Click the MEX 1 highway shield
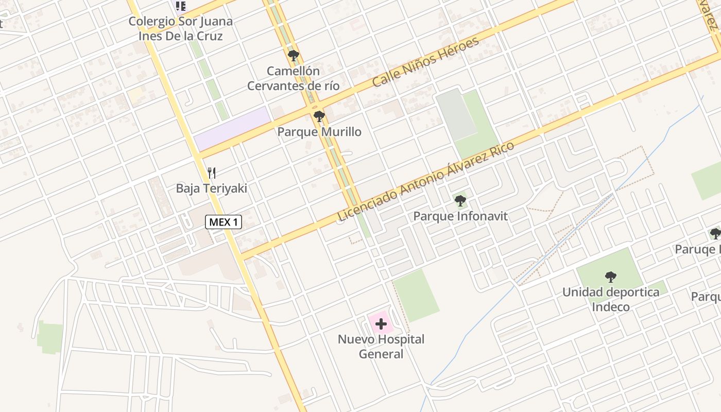click(x=224, y=222)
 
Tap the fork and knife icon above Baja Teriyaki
click(x=211, y=173)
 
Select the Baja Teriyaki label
click(x=211, y=188)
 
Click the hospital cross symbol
click(x=381, y=324)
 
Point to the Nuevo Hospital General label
click(x=381, y=347)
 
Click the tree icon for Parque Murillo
click(x=319, y=116)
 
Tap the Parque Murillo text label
click(x=319, y=132)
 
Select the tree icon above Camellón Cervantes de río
click(x=294, y=56)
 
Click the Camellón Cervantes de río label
click(x=293, y=78)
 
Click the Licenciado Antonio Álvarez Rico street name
click(x=425, y=181)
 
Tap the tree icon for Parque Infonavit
click(x=460, y=201)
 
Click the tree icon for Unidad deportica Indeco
click(x=611, y=277)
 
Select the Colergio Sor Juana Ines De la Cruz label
click(x=180, y=29)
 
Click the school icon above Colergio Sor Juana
click(x=180, y=6)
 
